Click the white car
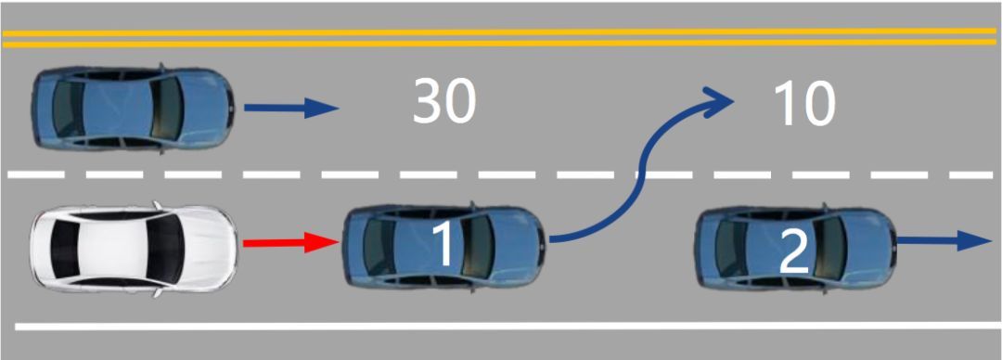click(x=134, y=249)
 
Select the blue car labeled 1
click(x=443, y=246)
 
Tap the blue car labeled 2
click(x=795, y=246)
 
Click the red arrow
click(x=290, y=243)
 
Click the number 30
click(x=444, y=102)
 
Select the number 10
click(x=803, y=102)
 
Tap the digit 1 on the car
click(x=443, y=244)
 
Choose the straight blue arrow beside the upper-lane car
click(x=291, y=108)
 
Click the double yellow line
click(x=501, y=37)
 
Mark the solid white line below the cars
click(x=508, y=326)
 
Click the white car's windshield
click(x=166, y=248)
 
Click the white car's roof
click(x=114, y=249)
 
